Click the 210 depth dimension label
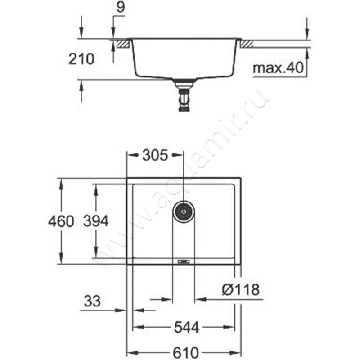(81, 59)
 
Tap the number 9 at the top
(121, 7)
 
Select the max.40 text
(278, 68)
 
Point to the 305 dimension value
(155, 155)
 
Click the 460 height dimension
(61, 221)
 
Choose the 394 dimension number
(96, 221)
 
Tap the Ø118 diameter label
(241, 289)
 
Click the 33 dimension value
(92, 301)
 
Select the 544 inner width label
(186, 327)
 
